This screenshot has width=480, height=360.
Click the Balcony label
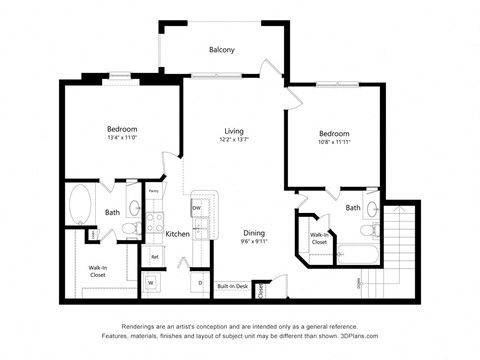pos(221,49)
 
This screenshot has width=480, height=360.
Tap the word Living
pos(234,131)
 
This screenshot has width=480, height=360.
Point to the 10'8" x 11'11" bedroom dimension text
pos(334,144)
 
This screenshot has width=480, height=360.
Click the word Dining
pos(254,232)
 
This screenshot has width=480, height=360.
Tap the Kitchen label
pos(178,234)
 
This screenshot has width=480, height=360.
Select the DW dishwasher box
pos(196,207)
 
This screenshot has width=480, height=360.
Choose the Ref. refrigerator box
pos(155,257)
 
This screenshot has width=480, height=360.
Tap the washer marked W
pos(150,283)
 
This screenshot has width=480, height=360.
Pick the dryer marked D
pos(200,283)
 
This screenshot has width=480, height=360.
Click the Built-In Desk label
pos(232,285)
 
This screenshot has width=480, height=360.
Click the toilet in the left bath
pos(131,229)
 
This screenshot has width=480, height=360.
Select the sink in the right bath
pos(371,209)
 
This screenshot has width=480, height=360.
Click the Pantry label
pos(154,190)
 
